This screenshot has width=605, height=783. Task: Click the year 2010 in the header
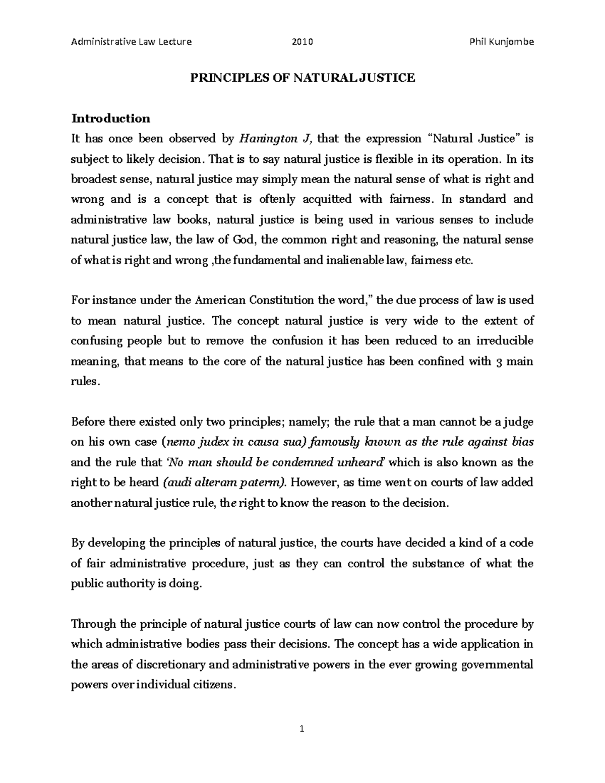[x=302, y=42]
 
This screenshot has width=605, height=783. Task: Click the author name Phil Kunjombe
[x=501, y=42]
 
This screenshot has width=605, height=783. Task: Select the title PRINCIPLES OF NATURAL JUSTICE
[x=302, y=78]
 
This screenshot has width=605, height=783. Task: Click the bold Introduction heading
[x=111, y=118]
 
